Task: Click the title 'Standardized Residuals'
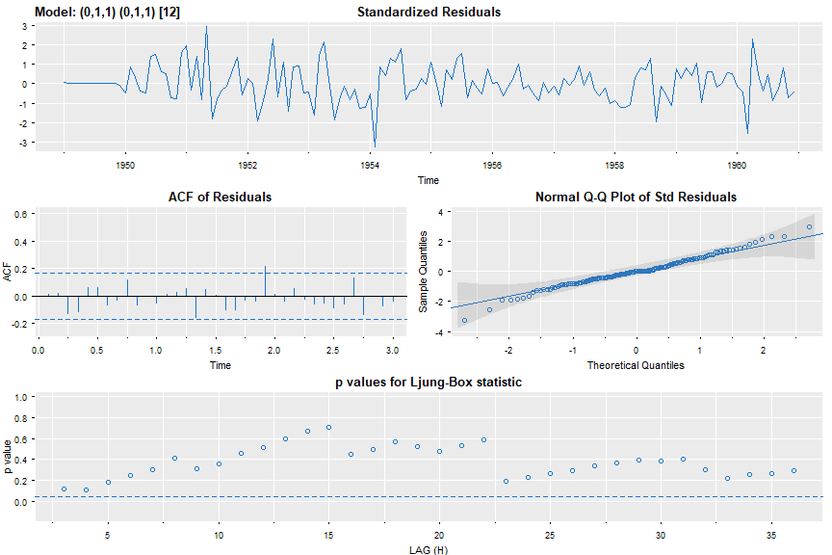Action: tap(429, 13)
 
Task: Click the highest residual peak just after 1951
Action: tap(206, 27)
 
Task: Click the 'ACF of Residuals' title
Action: tap(221, 197)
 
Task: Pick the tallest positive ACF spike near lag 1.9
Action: tap(265, 267)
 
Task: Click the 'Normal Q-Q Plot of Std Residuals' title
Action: tap(636, 197)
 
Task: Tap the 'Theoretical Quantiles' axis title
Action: tap(636, 365)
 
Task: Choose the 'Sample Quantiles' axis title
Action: tap(424, 272)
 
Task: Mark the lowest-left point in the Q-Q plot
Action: tap(464, 320)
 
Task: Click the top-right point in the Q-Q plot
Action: tap(810, 227)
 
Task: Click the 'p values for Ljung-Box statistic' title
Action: tap(429, 383)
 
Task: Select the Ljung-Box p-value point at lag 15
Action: tap(328, 427)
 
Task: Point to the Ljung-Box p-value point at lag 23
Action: tap(506, 481)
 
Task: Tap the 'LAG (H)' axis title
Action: tap(429, 549)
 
